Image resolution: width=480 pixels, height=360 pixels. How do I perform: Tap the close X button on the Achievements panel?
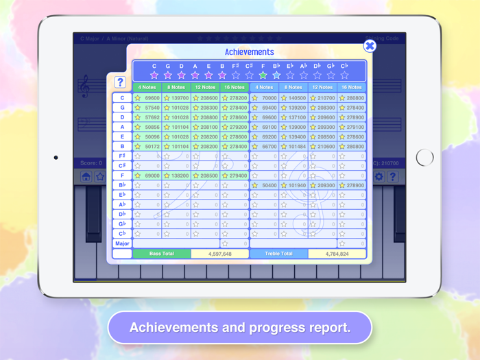click(x=370, y=46)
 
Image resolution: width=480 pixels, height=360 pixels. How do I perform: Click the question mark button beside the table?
click(x=120, y=82)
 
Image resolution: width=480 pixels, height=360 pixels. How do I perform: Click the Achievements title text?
click(x=249, y=52)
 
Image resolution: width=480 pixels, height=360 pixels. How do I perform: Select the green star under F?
click(x=263, y=75)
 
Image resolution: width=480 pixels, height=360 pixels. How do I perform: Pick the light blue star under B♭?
click(x=276, y=75)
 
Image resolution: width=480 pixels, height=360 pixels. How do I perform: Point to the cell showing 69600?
click(x=147, y=98)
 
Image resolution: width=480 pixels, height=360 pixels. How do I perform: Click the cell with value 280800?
click(x=352, y=98)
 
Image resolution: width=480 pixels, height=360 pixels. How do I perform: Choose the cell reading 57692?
click(x=147, y=117)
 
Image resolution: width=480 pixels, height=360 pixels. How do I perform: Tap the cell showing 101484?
click(x=293, y=146)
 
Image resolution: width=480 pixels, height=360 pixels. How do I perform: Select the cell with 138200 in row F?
click(x=176, y=176)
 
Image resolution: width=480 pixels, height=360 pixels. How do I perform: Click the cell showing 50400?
click(x=264, y=185)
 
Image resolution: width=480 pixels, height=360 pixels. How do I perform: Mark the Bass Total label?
click(x=161, y=254)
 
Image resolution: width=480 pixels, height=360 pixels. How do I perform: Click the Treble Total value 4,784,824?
click(x=337, y=254)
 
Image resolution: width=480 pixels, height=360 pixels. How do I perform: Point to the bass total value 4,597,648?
click(x=219, y=254)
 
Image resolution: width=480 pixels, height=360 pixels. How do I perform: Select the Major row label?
click(x=122, y=243)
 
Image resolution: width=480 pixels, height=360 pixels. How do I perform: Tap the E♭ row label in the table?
click(x=122, y=195)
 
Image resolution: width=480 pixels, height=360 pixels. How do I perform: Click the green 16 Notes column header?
click(x=235, y=88)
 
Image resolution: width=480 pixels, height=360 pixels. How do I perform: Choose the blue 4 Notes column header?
click(x=264, y=88)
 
